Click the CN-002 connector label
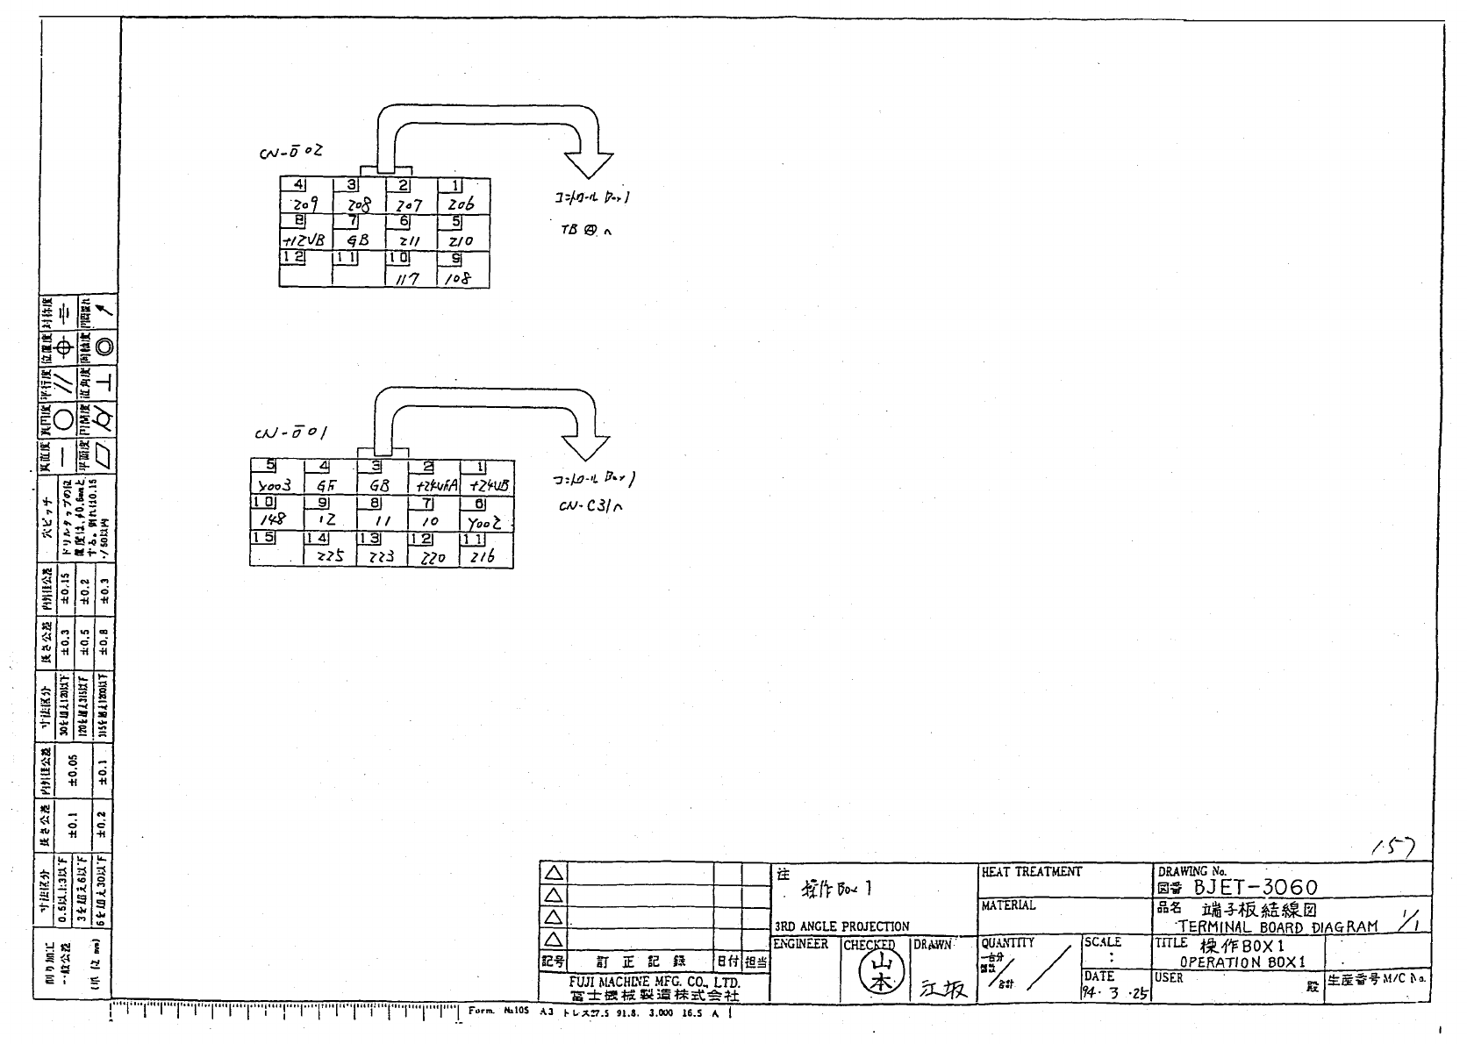click(x=290, y=152)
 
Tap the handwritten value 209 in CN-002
click(x=305, y=204)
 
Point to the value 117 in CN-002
click(x=408, y=278)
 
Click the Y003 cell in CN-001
click(x=276, y=484)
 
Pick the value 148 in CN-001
click(x=274, y=520)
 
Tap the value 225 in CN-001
click(x=329, y=556)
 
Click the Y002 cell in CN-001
click(x=483, y=521)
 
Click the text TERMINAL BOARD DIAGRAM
click(x=1277, y=926)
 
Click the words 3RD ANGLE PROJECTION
click(x=841, y=926)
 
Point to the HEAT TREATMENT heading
click(x=1031, y=872)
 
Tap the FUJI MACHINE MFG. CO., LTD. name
click(x=654, y=983)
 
